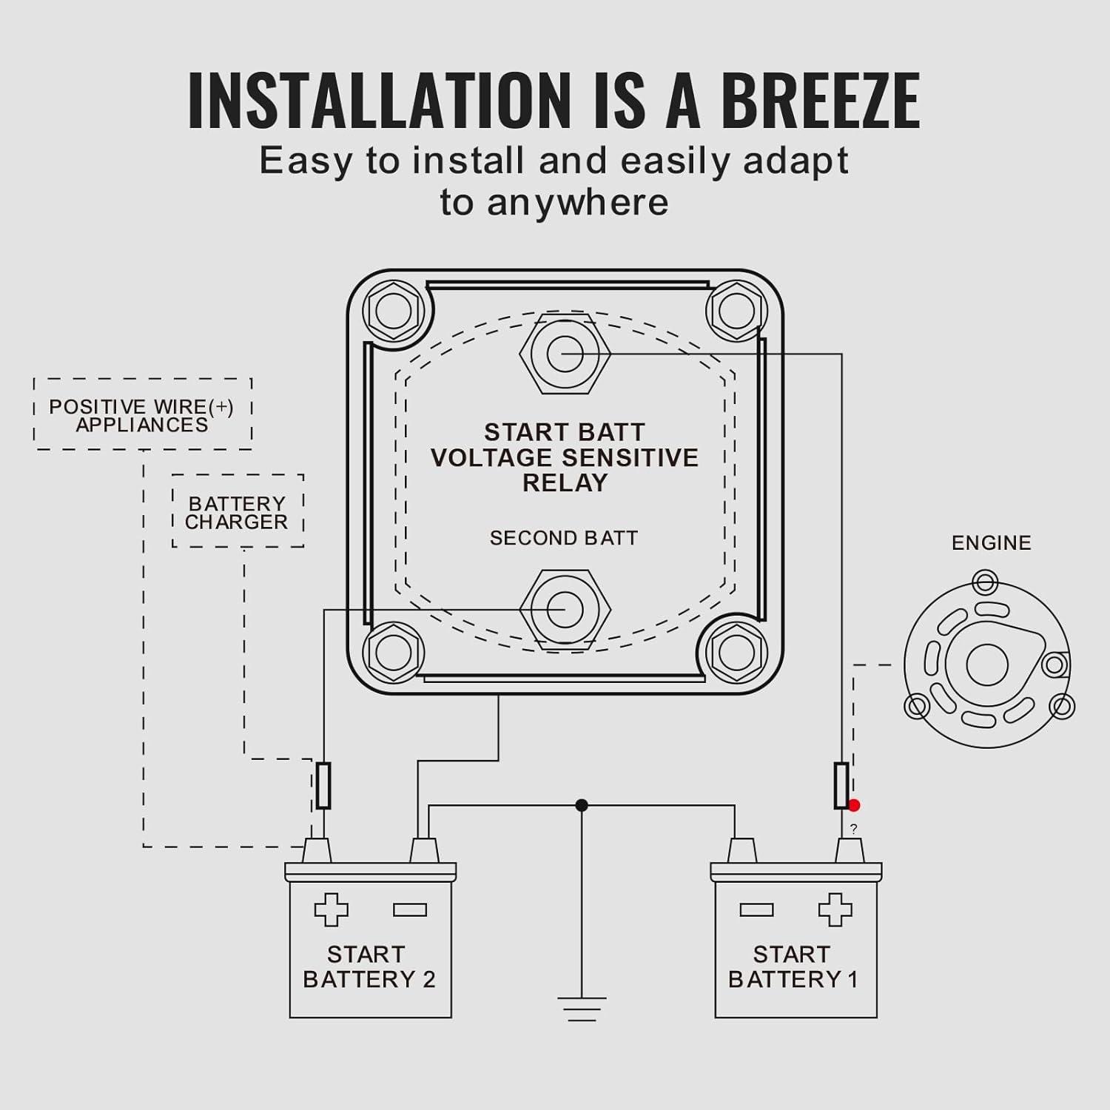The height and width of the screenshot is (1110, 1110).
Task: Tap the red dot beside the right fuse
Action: [854, 805]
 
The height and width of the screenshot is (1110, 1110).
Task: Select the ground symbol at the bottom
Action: [582, 1009]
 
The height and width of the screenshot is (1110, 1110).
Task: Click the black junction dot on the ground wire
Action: [582, 805]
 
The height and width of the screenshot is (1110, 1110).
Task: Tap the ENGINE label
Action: [991, 543]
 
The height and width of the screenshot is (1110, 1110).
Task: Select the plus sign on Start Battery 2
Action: [331, 909]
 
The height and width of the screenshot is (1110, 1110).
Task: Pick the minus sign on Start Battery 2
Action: [410, 909]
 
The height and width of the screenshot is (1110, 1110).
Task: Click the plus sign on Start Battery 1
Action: [835, 909]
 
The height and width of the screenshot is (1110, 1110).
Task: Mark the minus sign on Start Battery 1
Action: [756, 909]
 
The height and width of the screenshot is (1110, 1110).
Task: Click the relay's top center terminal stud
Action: [565, 354]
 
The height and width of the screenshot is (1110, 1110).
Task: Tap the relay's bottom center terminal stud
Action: [565, 609]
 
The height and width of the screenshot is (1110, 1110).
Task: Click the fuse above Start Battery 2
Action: [323, 785]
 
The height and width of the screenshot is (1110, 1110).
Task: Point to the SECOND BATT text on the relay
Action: [564, 538]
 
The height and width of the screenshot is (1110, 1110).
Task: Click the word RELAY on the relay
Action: [565, 483]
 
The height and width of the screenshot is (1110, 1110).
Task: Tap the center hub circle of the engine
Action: [987, 665]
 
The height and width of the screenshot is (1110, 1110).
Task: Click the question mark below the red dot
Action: [854, 830]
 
